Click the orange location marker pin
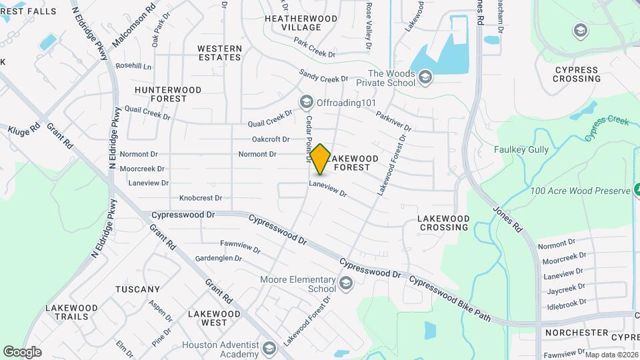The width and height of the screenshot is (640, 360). pos(320,159)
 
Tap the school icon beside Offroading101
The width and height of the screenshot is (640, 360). pos(306,102)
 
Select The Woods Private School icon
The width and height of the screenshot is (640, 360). pos(425,79)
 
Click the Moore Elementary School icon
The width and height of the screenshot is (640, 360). pos(345,284)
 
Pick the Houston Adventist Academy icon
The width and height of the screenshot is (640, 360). pos(269,349)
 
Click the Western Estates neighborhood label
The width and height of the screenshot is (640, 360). pos(219,53)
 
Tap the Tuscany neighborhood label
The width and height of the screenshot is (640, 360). pos(138,289)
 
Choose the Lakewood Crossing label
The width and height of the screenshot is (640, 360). pos(443,223)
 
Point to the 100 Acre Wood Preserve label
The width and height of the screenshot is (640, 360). pos(579,191)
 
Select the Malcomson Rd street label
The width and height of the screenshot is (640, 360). pos(133,25)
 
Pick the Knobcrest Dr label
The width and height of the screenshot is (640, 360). pos(201,198)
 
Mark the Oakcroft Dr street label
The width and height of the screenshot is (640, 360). pos(271,139)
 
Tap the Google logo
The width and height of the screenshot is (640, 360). pos(22,351)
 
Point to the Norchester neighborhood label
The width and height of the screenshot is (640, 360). pos(576,332)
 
